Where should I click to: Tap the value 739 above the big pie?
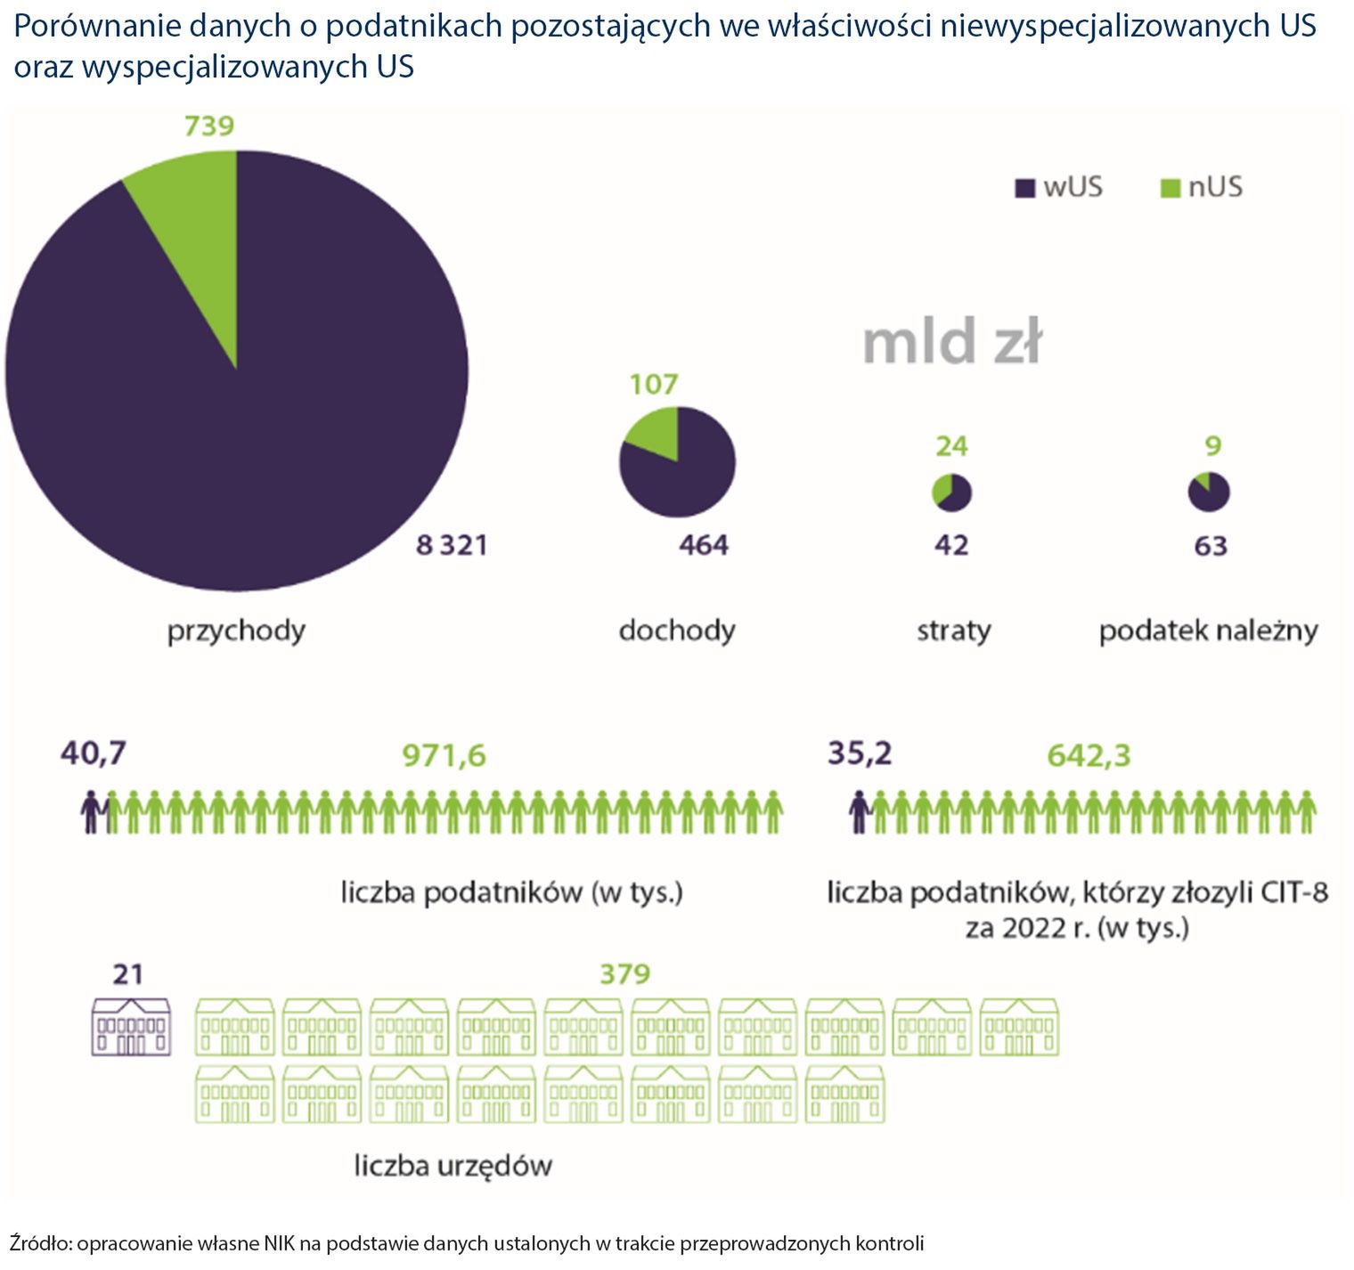click(209, 126)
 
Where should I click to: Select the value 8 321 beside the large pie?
click(452, 544)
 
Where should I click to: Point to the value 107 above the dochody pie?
click(654, 384)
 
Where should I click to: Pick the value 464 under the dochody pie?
click(704, 544)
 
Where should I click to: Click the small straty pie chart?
click(951, 493)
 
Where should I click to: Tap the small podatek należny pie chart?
click(1209, 493)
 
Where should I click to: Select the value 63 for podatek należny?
click(1211, 545)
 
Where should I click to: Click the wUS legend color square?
click(1025, 188)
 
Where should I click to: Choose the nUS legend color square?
click(1170, 188)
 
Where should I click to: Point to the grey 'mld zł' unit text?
click(952, 343)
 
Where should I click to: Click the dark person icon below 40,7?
click(92, 811)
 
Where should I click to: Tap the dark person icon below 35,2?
click(859, 811)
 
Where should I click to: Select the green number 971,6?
click(444, 756)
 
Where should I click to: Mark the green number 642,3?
click(1089, 756)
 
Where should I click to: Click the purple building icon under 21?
click(131, 1027)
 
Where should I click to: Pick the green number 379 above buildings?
click(624, 973)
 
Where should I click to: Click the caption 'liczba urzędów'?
click(453, 1166)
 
